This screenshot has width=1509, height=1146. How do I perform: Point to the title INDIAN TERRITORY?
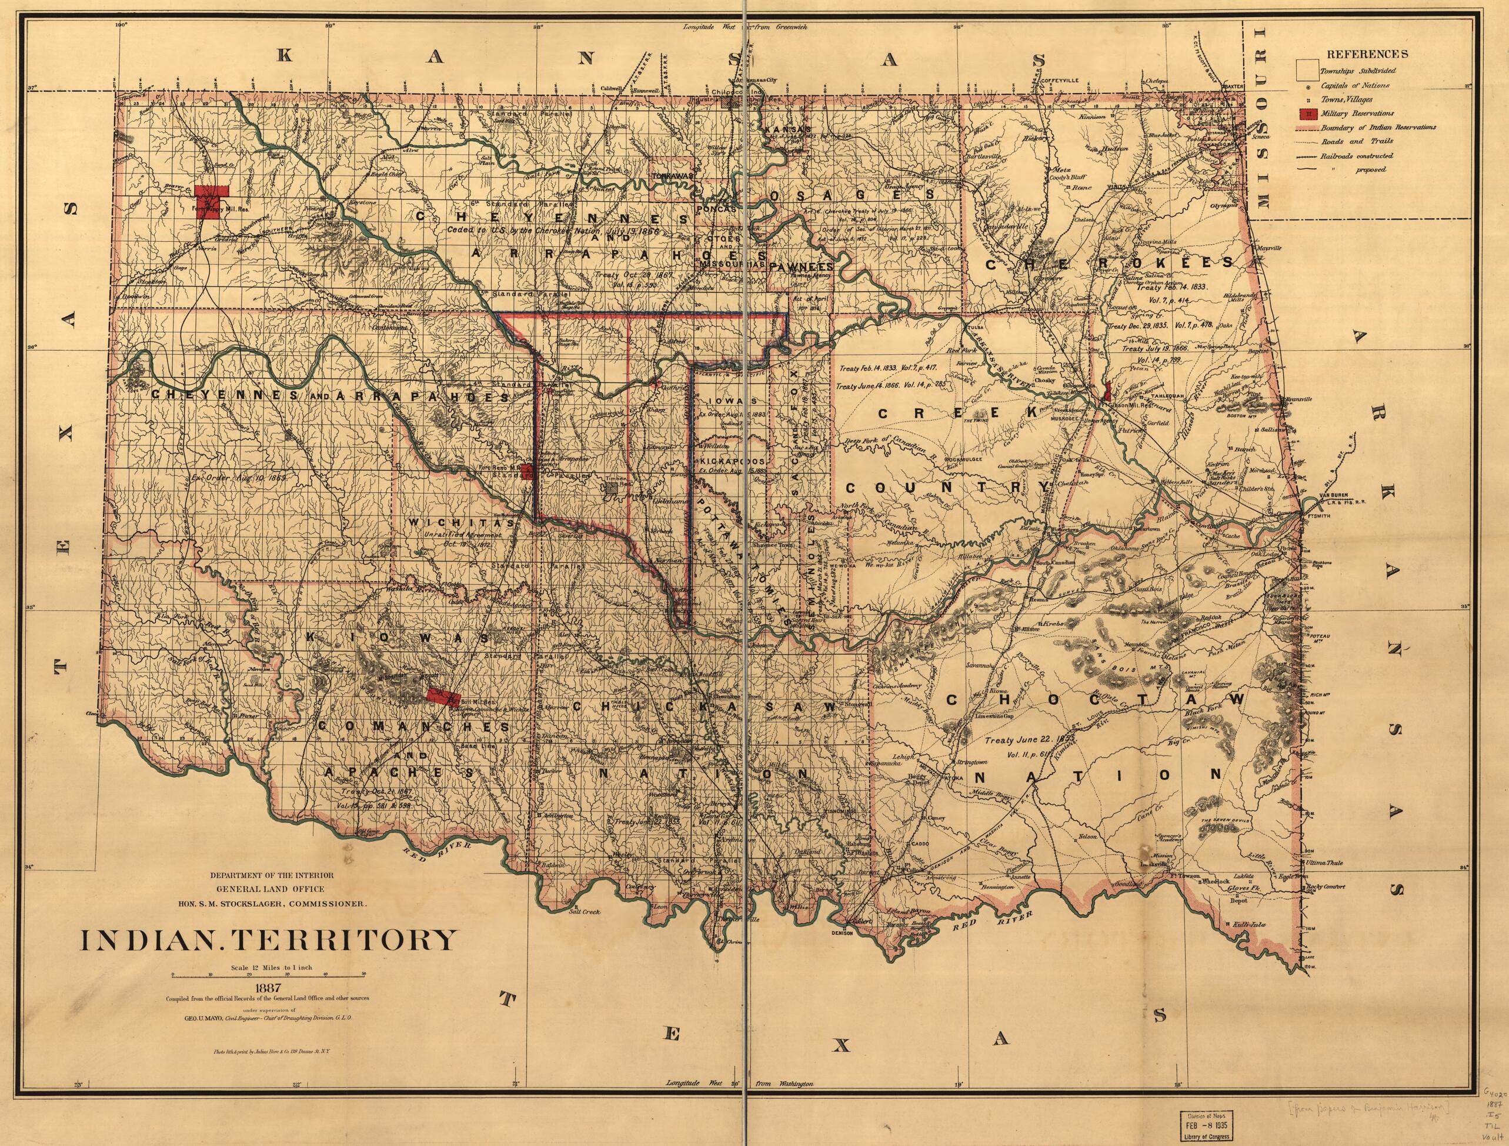tap(268, 940)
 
